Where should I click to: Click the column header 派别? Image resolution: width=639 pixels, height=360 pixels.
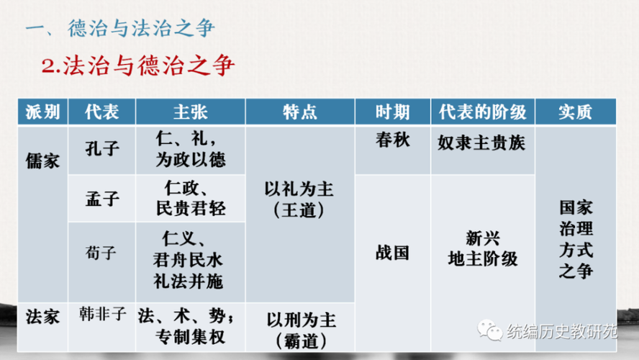click(x=42, y=112)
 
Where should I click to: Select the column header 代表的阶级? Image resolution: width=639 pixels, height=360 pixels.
click(x=483, y=112)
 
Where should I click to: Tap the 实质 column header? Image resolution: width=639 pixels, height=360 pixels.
click(x=576, y=112)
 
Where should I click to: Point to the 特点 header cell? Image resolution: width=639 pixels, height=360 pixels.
click(x=300, y=112)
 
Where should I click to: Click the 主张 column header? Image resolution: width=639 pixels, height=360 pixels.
click(x=190, y=112)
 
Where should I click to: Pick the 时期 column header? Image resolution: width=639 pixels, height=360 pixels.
click(x=392, y=112)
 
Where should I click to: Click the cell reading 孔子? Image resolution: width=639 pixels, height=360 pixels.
click(x=102, y=149)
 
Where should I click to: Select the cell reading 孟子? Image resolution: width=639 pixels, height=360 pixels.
click(x=102, y=199)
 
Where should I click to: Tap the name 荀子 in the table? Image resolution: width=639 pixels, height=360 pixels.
click(x=101, y=253)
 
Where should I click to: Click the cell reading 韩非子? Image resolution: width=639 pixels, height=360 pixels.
click(x=103, y=315)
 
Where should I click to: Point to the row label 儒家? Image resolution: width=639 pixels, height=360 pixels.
click(x=42, y=161)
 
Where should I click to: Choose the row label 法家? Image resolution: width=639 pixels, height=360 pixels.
click(x=42, y=317)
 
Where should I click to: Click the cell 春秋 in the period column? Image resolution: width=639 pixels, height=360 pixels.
click(x=392, y=140)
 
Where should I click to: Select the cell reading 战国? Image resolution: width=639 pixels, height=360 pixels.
click(x=392, y=253)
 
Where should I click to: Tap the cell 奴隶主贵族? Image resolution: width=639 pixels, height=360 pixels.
click(x=481, y=143)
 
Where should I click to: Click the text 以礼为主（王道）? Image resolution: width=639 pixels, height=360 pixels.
click(x=299, y=199)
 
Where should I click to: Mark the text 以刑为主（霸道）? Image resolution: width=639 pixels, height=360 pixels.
click(x=302, y=330)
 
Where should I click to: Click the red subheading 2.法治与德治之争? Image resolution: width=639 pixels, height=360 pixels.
click(x=138, y=66)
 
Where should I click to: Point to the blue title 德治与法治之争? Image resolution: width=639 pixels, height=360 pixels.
click(x=141, y=28)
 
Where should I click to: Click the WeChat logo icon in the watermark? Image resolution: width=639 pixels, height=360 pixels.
click(x=489, y=330)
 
